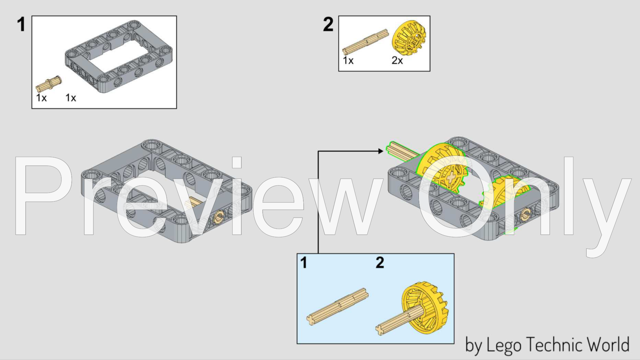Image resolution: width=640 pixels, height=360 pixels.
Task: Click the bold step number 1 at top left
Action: click(21, 25)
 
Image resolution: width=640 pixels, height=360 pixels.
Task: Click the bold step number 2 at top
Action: click(328, 24)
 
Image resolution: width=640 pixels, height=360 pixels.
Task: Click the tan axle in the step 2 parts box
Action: click(365, 42)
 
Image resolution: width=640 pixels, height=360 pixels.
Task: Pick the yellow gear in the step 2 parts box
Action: click(409, 38)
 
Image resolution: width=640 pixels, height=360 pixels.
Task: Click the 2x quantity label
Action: click(397, 60)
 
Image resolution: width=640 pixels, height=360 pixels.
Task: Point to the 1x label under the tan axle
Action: click(348, 60)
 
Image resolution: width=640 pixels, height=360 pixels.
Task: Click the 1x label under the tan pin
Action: click(41, 98)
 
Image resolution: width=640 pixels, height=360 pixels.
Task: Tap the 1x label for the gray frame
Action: click(71, 98)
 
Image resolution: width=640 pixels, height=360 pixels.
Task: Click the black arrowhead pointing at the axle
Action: click(381, 151)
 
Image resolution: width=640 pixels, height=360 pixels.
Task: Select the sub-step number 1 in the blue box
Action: click(303, 263)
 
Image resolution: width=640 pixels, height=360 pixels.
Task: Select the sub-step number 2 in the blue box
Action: click(380, 263)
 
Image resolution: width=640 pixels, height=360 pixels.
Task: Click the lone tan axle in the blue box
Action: click(337, 307)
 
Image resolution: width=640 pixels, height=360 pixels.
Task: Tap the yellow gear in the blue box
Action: click(424, 308)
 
